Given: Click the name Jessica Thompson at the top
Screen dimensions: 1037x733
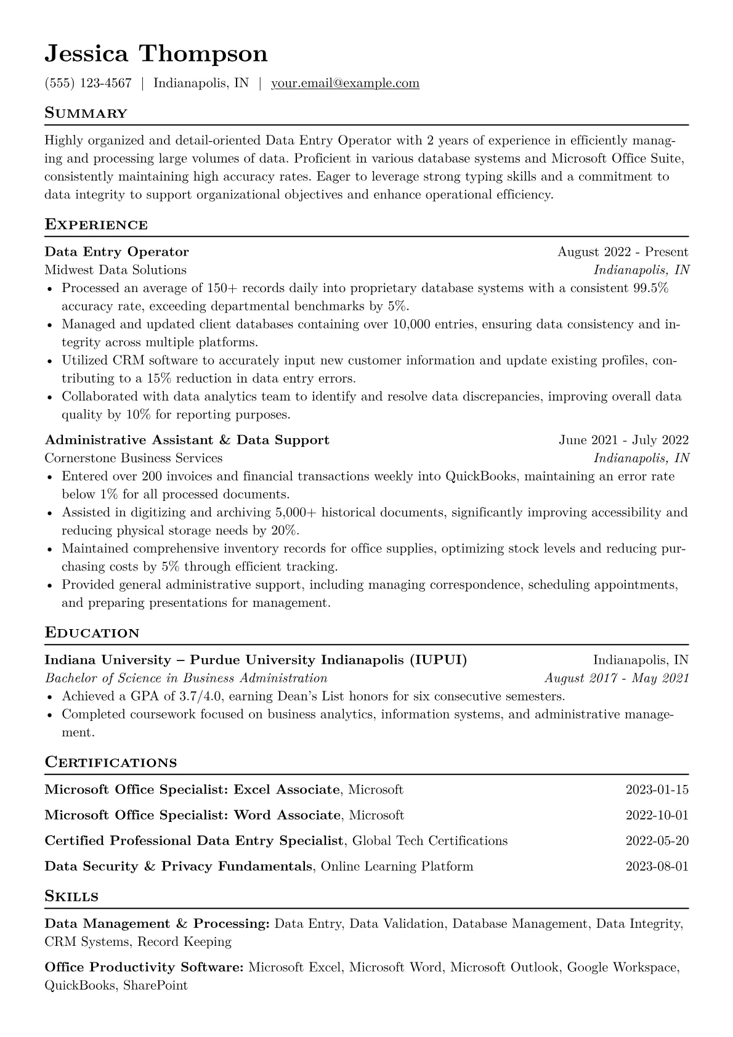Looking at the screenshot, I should (156, 54).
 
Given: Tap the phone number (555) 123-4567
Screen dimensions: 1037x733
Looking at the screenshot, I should (88, 83).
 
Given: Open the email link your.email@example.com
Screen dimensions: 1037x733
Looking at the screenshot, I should (345, 83).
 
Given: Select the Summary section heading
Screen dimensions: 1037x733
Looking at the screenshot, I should (86, 113).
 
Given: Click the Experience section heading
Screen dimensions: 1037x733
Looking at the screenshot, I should (96, 225).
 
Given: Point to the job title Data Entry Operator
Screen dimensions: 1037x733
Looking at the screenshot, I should (116, 251).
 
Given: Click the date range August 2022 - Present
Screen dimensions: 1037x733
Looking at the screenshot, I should (622, 251).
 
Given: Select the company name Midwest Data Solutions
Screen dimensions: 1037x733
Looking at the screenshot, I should (115, 270).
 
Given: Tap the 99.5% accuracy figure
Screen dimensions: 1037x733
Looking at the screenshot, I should (650, 288).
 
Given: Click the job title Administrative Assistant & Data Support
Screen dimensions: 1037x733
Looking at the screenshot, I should (187, 440).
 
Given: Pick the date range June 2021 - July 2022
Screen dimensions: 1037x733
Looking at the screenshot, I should (623, 440).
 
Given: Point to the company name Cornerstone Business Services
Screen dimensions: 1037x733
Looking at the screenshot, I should (134, 458).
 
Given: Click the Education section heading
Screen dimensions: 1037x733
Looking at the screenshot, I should (92, 633).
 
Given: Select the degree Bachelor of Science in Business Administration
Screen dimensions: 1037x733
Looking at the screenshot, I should (186, 678).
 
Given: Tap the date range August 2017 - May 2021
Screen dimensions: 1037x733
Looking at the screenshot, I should (616, 678).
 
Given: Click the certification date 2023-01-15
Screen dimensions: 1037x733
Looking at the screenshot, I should (657, 789).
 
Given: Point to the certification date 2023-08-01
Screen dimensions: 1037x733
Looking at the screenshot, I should (657, 866).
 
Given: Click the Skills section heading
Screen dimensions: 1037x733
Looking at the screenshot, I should (71, 897).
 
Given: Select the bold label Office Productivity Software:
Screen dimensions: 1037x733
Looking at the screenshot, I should (144, 967).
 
